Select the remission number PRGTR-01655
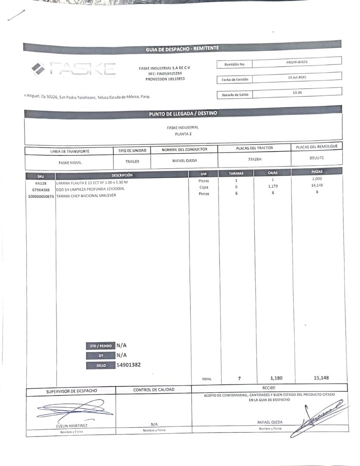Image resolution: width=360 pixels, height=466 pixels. point(297,62)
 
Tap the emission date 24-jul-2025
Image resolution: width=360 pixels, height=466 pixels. point(297,78)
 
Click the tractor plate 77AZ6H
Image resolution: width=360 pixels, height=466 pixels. point(255,159)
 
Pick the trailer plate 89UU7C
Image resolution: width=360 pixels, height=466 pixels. point(316,158)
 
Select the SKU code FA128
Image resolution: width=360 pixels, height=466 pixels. point(41,183)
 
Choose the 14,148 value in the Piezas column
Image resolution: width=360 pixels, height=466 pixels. point(317,186)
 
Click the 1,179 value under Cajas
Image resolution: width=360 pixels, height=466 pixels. point(273,186)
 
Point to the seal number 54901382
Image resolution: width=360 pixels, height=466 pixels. point(128,365)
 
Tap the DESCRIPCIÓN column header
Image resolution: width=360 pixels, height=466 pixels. point(122,175)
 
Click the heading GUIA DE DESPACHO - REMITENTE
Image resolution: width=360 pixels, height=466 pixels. point(182,49)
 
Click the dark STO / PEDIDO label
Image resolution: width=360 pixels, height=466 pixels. point(101,346)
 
